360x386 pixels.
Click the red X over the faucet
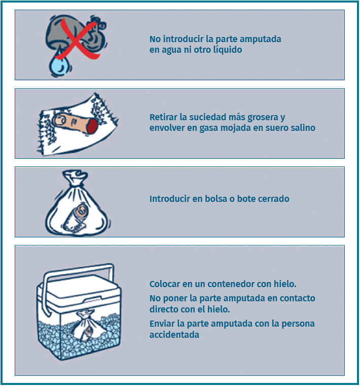click(x=78, y=40)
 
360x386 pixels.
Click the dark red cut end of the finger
click(x=92, y=126)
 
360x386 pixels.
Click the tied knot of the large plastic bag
click(x=75, y=177)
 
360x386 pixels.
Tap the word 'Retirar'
click(x=163, y=117)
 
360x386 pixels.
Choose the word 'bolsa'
click(x=216, y=199)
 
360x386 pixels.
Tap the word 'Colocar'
click(x=165, y=285)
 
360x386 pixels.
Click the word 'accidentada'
click(x=174, y=335)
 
